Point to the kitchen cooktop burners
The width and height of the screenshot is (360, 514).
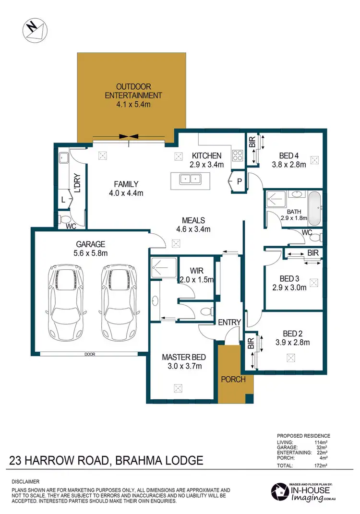(237, 155)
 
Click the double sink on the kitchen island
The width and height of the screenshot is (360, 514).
(191, 179)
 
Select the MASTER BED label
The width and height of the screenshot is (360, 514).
(184, 357)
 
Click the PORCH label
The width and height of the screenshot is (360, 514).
(233, 379)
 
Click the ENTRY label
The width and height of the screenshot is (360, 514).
(229, 323)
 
